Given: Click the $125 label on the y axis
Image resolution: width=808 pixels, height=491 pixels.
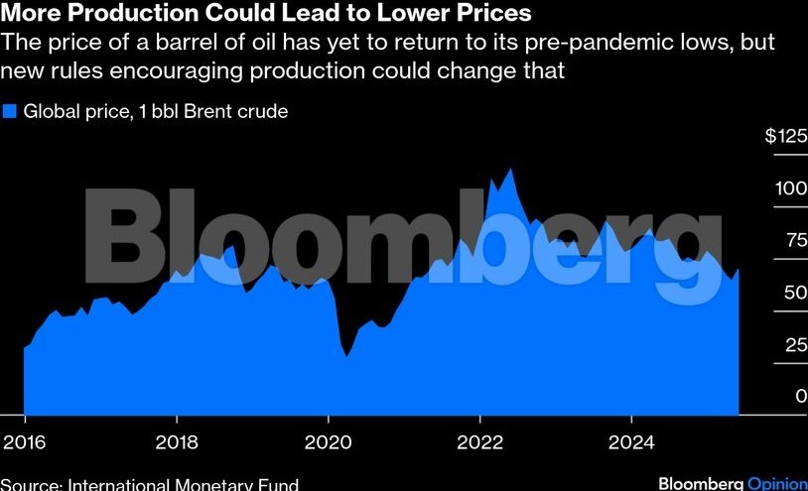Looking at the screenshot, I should click(x=786, y=137).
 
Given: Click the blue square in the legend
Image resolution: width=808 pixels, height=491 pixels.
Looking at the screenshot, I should click(x=10, y=112).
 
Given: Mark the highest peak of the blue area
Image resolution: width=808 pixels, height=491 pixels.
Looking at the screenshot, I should click(x=510, y=170).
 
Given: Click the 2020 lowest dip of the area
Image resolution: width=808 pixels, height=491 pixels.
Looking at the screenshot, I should click(x=346, y=356).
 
